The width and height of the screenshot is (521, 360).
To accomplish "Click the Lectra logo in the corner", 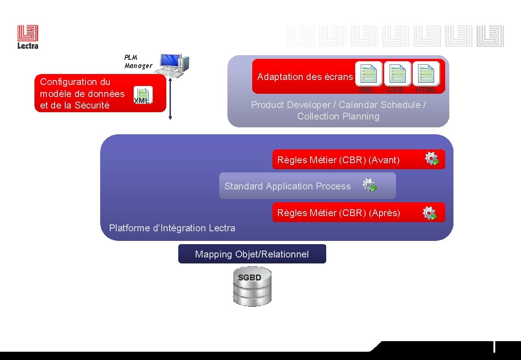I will tap(28, 37).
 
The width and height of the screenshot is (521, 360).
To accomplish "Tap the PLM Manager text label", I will tap(138, 62).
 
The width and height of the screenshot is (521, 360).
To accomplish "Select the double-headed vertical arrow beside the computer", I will tap(170, 98).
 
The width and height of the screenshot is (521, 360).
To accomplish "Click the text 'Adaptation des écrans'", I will tap(305, 77).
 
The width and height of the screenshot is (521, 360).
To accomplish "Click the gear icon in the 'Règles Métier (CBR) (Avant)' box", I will tap(432, 159).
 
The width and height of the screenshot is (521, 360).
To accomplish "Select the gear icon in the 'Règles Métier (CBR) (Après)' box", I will tap(429, 213).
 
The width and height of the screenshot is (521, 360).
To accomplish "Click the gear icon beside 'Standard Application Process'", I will tap(369, 185).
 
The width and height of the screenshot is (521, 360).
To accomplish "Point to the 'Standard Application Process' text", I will tap(287, 186).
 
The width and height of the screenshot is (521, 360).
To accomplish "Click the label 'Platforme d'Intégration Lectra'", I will tap(172, 228).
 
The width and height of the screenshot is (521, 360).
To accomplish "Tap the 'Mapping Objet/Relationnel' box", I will tap(252, 254).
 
